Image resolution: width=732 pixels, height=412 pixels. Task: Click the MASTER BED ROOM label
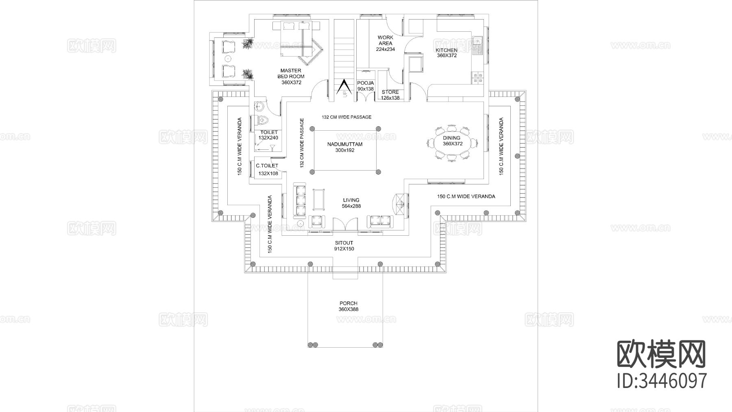[291, 77]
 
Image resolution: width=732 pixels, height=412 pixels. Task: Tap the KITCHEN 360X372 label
[447, 53]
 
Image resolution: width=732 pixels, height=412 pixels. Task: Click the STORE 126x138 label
[390, 95]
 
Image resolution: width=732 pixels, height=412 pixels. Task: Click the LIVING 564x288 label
[351, 203]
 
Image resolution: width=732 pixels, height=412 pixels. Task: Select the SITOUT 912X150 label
[344, 246]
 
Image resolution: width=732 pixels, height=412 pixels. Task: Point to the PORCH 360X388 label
[349, 306]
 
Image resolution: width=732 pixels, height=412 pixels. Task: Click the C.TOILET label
[267, 166]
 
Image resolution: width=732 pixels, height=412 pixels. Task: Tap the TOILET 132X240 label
[268, 135]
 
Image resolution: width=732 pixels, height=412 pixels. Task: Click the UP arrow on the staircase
[344, 87]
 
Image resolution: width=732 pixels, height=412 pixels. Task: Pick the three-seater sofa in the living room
[301, 200]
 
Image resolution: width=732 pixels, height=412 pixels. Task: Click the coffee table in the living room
[318, 200]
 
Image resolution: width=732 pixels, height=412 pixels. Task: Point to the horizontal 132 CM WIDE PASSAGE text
[346, 117]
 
